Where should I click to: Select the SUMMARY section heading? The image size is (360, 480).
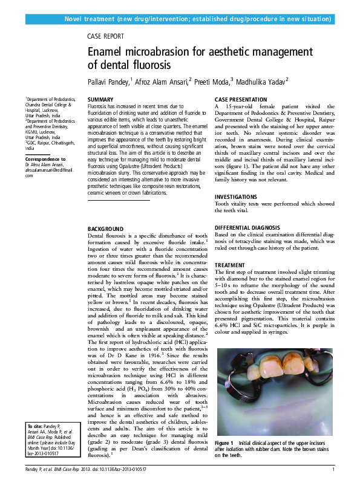100,99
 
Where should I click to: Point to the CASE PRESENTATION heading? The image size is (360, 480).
241,99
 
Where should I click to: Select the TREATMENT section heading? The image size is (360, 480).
229,265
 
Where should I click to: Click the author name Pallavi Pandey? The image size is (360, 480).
109,81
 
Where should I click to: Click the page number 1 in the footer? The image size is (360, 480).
333,469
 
